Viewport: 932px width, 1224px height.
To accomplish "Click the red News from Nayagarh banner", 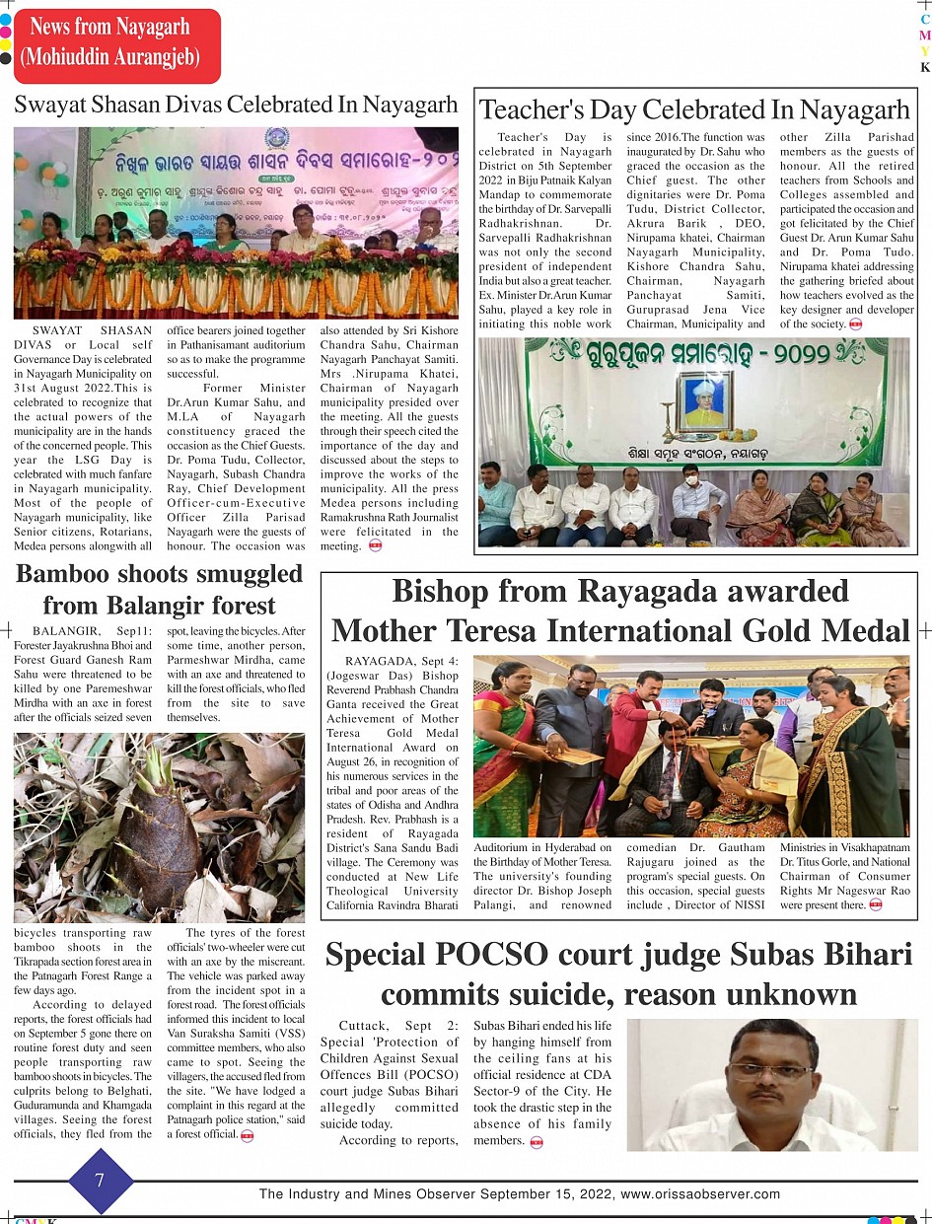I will (116, 43).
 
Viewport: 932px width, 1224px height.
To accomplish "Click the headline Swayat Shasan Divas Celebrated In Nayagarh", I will (236, 106).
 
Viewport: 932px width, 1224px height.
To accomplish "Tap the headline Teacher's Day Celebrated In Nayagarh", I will (694, 109).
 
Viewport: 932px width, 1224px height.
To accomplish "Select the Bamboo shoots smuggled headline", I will (159, 574).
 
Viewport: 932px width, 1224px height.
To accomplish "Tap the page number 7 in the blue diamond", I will (100, 1181).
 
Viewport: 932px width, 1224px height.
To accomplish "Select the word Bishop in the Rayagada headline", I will (443, 591).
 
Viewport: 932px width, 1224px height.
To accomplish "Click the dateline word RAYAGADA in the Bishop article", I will (378, 660).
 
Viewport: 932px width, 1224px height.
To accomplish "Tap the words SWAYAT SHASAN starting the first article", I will (92, 329).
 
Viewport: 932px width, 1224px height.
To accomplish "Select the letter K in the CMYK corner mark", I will (925, 68).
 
